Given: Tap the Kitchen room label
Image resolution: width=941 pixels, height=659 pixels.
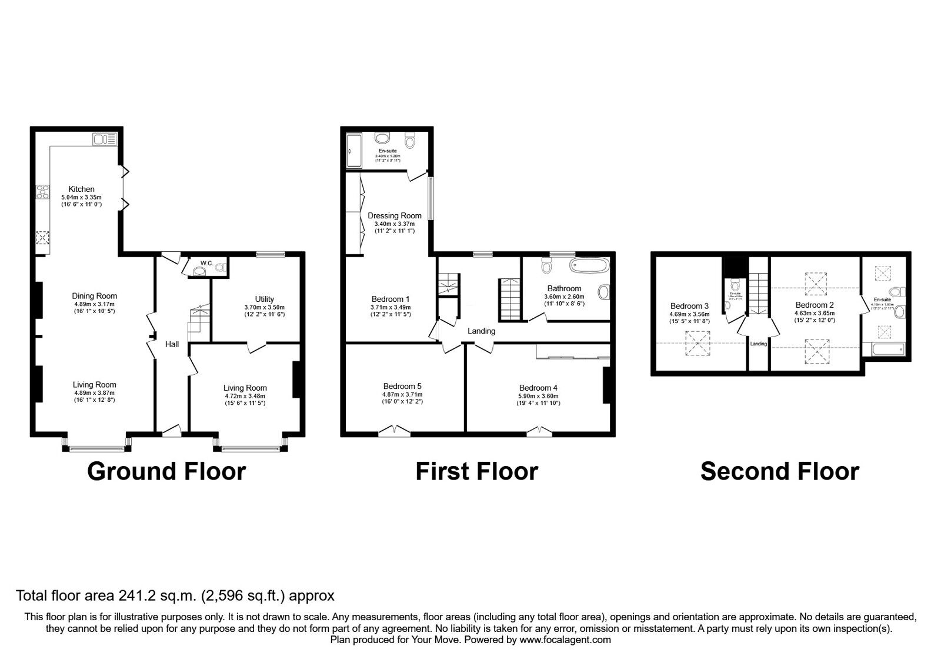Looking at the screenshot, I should click(81, 189).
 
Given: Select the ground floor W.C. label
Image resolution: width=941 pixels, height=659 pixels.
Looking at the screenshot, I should click(206, 263).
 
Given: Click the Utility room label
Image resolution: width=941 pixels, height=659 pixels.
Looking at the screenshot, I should click(264, 299).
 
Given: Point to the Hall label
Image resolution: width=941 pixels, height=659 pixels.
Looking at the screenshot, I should click(172, 344).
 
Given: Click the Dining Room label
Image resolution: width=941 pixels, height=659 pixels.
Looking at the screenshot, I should click(94, 296).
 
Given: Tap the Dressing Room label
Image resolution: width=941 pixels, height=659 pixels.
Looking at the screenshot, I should click(394, 216).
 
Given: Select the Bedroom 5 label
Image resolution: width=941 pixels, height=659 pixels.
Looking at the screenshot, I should click(402, 387).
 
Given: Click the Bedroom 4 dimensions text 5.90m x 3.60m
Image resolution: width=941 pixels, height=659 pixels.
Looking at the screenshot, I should click(538, 396).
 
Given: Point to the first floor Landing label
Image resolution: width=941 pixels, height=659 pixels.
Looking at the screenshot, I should click(481, 331).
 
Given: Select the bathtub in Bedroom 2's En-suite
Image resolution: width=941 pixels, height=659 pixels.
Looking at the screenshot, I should click(887, 351).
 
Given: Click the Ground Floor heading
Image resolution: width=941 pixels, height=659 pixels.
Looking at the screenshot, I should click(166, 471).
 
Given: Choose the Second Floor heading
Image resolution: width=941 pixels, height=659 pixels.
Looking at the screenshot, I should click(779, 471).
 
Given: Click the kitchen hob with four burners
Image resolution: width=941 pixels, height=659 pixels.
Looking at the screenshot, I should click(43, 191).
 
